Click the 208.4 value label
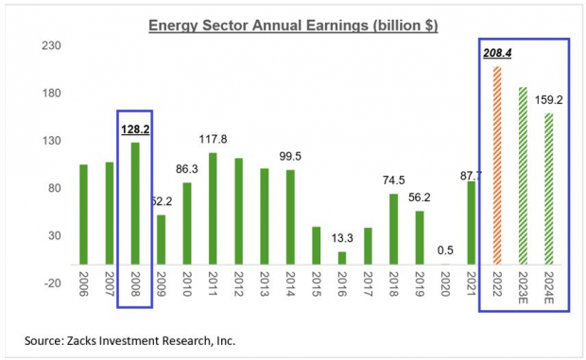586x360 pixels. point(497,54)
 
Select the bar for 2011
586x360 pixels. point(213,208)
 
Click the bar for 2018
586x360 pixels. point(394,228)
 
